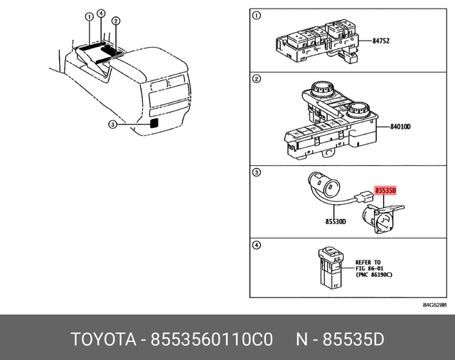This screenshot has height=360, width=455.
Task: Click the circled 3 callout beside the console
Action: (112, 125)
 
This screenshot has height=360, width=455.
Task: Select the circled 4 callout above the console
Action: (101, 14)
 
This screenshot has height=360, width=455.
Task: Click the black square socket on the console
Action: (154, 122)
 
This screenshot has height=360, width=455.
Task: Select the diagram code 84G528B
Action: (434, 305)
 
